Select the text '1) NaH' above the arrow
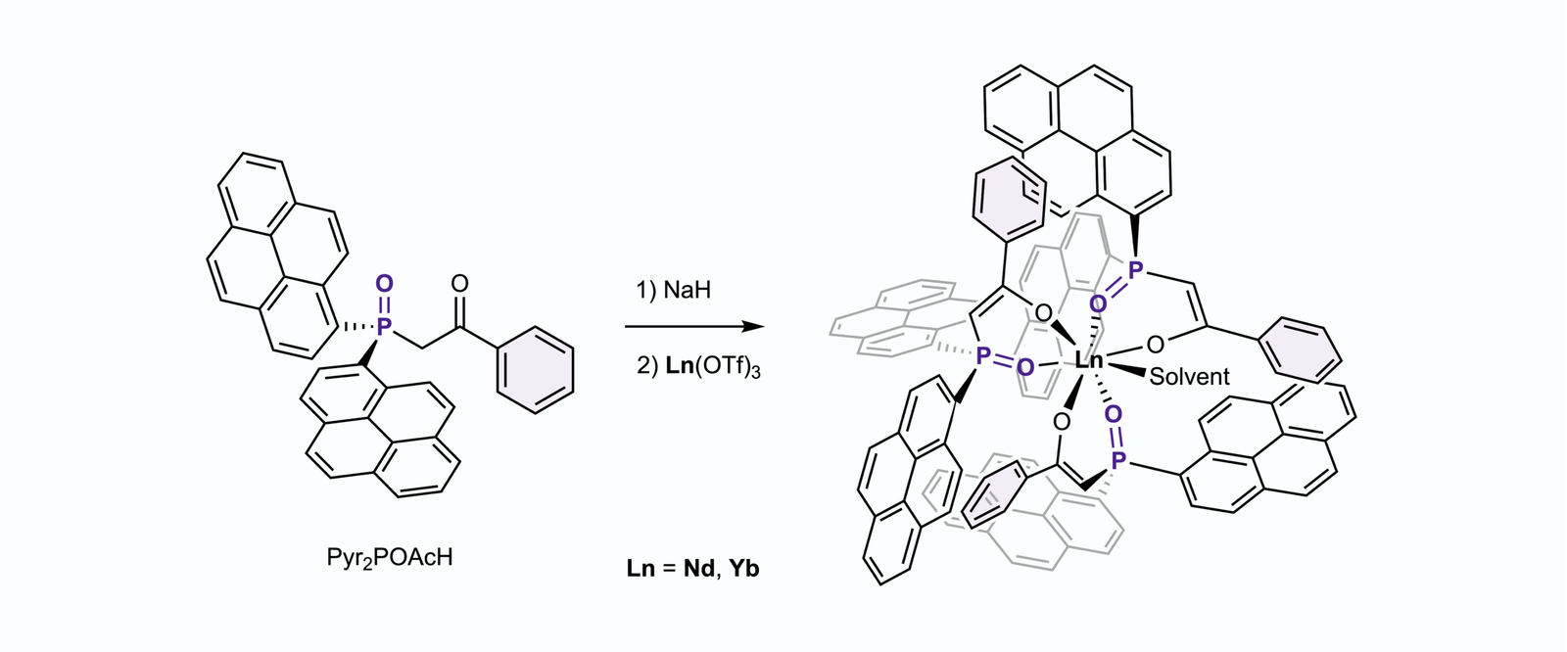click(x=674, y=290)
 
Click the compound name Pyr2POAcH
click(x=390, y=559)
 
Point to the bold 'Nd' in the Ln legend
click(x=698, y=568)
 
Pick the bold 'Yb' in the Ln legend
click(x=744, y=568)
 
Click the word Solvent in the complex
click(x=1189, y=376)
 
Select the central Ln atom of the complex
click(x=1089, y=360)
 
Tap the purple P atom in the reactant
click(x=384, y=325)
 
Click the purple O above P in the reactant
click(x=384, y=284)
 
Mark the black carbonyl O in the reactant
click(x=459, y=284)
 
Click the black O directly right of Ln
click(x=1156, y=344)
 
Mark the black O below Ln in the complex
click(x=1062, y=421)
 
